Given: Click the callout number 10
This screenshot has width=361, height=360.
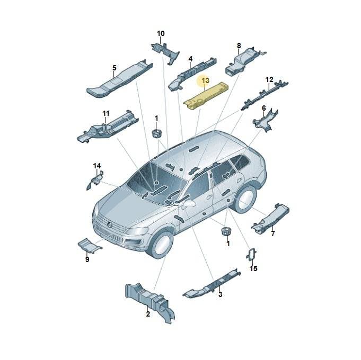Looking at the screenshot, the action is click(x=161, y=33).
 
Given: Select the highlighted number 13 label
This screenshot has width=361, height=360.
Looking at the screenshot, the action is click(x=205, y=80).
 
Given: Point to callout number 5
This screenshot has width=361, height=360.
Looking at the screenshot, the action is click(x=115, y=68).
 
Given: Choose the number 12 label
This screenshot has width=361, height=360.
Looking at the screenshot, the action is click(x=269, y=80).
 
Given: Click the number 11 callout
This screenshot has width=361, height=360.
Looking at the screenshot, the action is click(x=106, y=114).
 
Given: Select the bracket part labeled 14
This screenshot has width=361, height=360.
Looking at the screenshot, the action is click(x=95, y=181).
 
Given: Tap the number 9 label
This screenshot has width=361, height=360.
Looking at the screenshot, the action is click(x=87, y=259).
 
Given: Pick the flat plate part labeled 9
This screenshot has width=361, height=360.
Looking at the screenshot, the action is click(x=90, y=246).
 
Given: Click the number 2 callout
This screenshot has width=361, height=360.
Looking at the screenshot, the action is click(x=148, y=314).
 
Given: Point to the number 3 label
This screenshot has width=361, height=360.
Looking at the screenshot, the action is click(x=220, y=294).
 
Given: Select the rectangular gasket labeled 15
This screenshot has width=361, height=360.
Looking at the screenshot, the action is click(x=251, y=255).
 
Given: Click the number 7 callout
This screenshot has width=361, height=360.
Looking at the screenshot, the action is click(x=273, y=234).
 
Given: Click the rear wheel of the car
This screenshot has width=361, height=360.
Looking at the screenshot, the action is click(x=245, y=200).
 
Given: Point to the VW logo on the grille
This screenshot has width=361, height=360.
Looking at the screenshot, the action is click(x=109, y=224).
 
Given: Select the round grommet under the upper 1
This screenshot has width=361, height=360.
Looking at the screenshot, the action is click(x=157, y=133).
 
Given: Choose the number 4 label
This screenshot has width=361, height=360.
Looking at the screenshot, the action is click(x=190, y=59).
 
